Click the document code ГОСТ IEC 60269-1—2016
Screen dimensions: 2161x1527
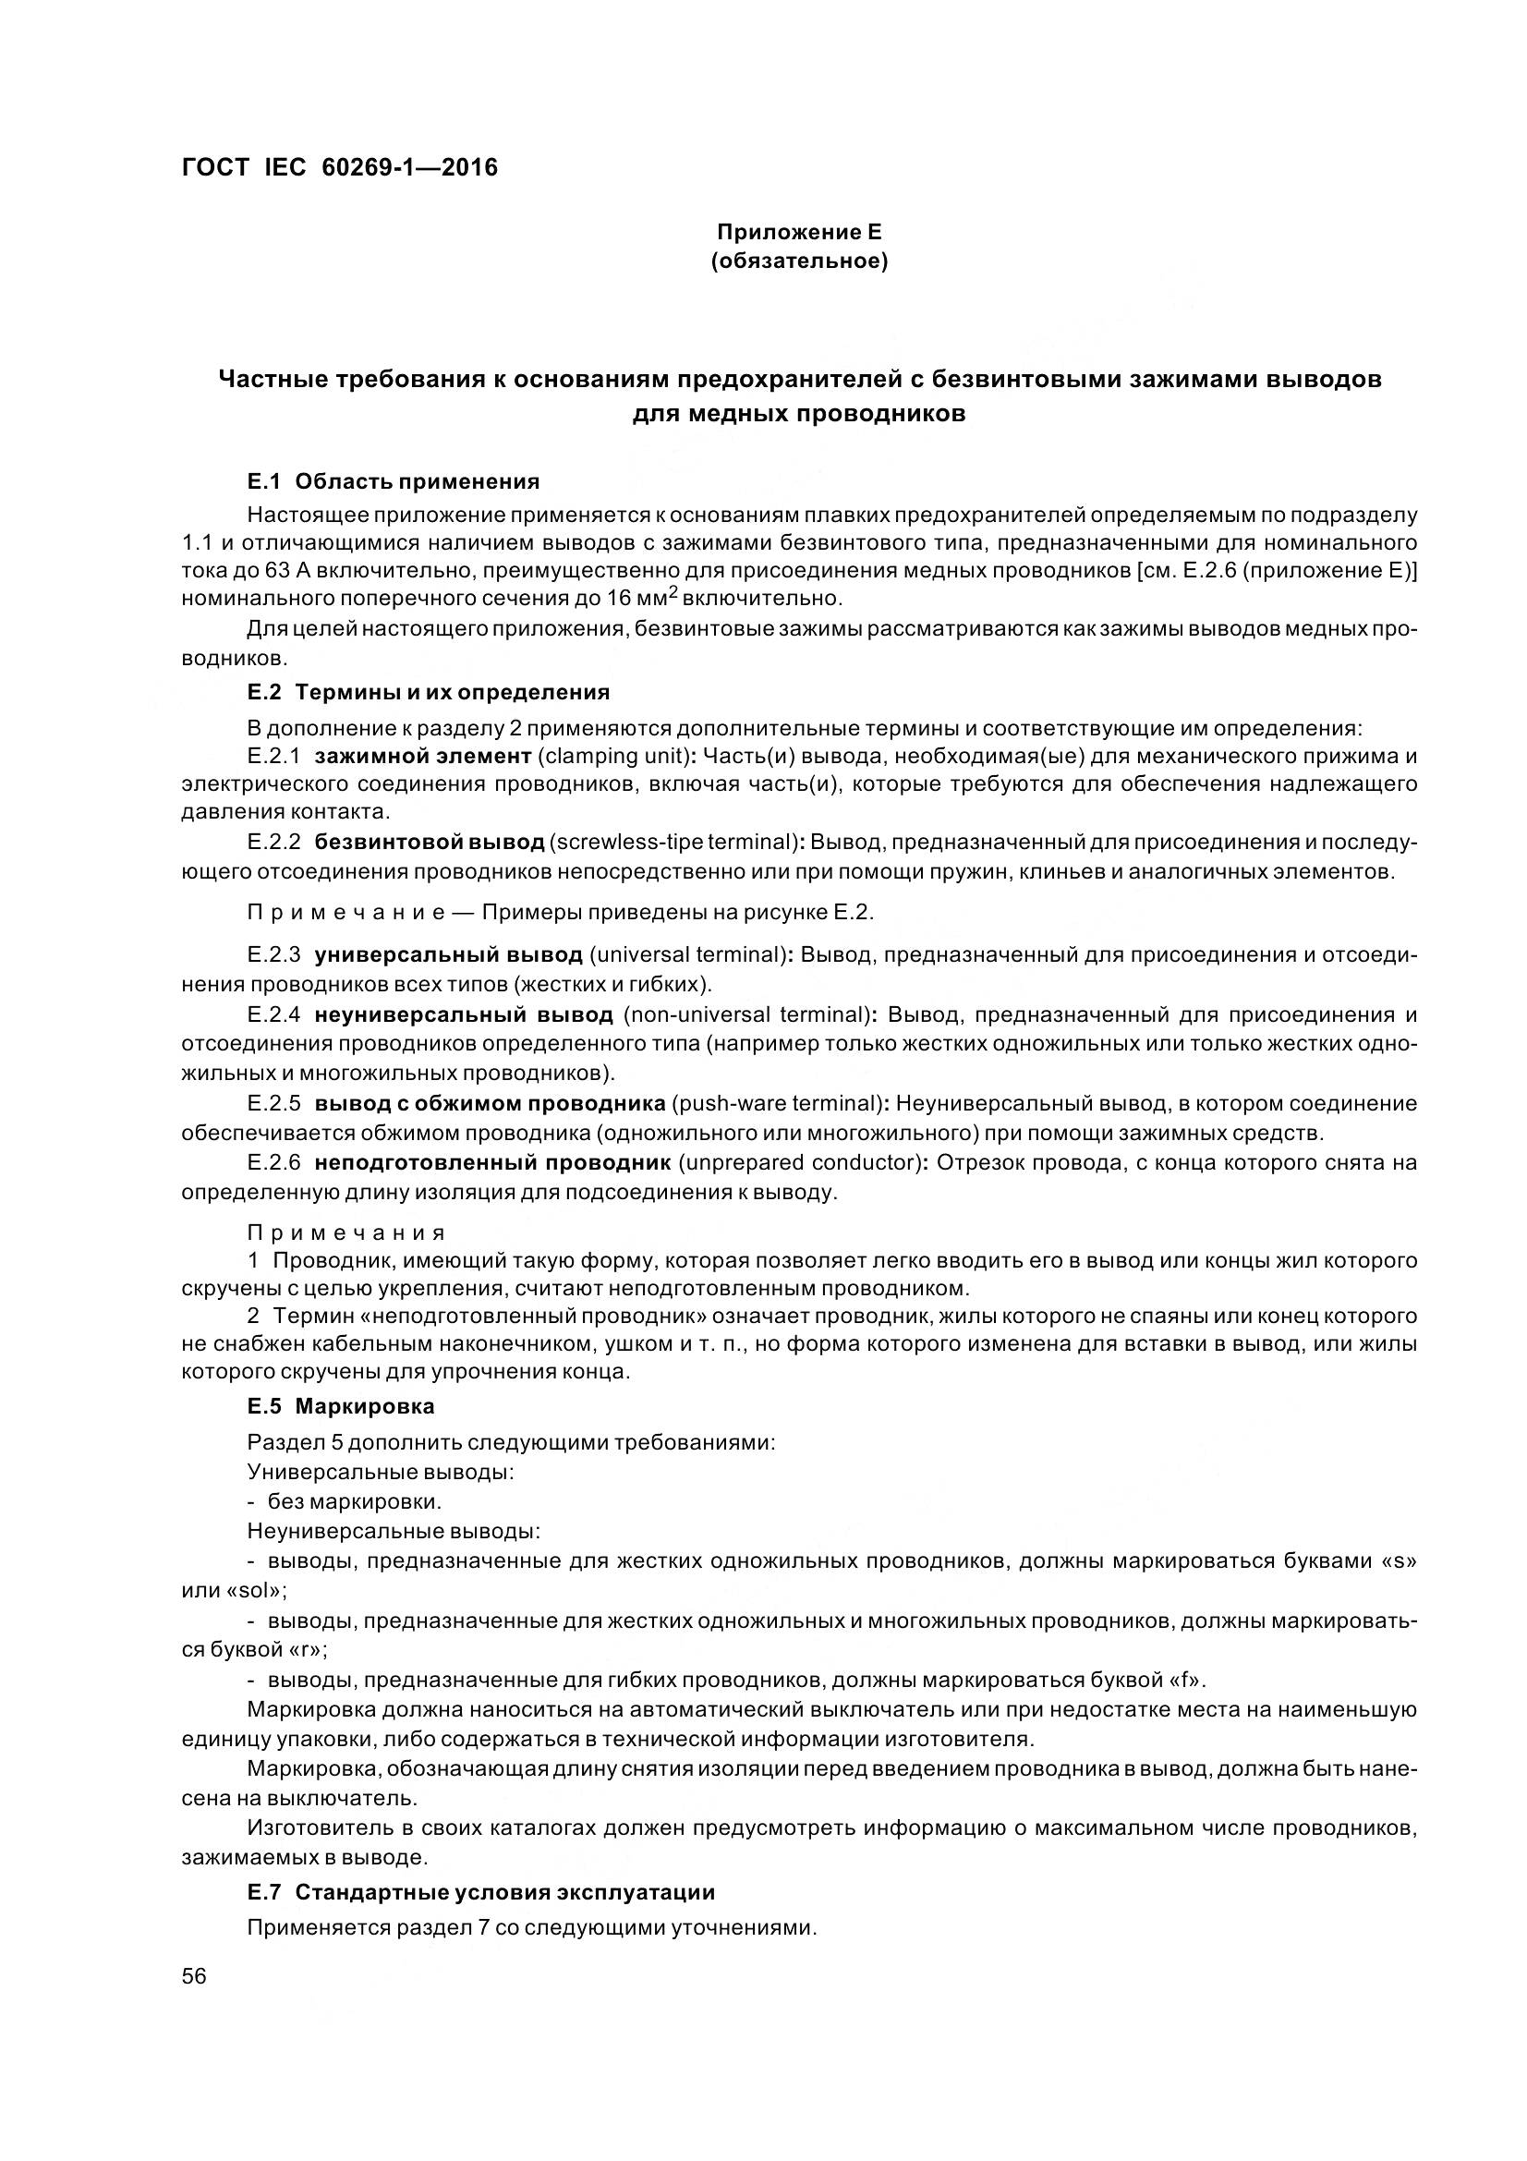[339, 167]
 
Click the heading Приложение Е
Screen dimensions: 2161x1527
[798, 231]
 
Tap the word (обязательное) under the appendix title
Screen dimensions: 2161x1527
[799, 261]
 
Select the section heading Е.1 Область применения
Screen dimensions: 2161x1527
[394, 482]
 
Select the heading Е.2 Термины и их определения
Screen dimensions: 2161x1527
[428, 693]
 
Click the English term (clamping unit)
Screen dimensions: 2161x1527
[615, 756]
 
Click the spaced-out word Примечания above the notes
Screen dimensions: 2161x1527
[346, 1233]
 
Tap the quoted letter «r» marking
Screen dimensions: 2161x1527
[306, 1649]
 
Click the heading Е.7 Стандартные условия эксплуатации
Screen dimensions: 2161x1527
[480, 1893]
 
